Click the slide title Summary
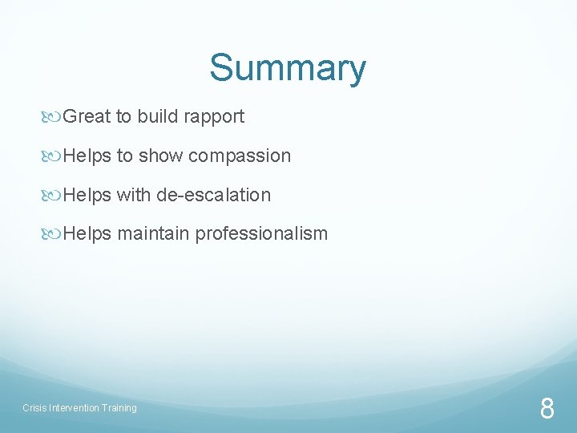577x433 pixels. pyautogui.click(x=288, y=68)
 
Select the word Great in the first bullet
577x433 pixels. pyautogui.click(x=87, y=116)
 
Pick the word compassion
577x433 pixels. pyautogui.click(x=239, y=156)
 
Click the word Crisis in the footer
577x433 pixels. pyautogui.click(x=34, y=408)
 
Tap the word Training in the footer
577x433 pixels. pyautogui.click(x=119, y=408)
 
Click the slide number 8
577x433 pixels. pyautogui.click(x=547, y=409)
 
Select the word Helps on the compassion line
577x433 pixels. pyautogui.click(x=87, y=156)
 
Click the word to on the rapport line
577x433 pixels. pyautogui.click(x=124, y=116)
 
